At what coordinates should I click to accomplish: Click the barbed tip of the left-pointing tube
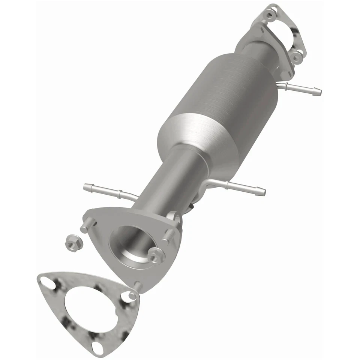tap(87, 186)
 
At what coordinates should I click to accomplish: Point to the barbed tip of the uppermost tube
tap(316, 90)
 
